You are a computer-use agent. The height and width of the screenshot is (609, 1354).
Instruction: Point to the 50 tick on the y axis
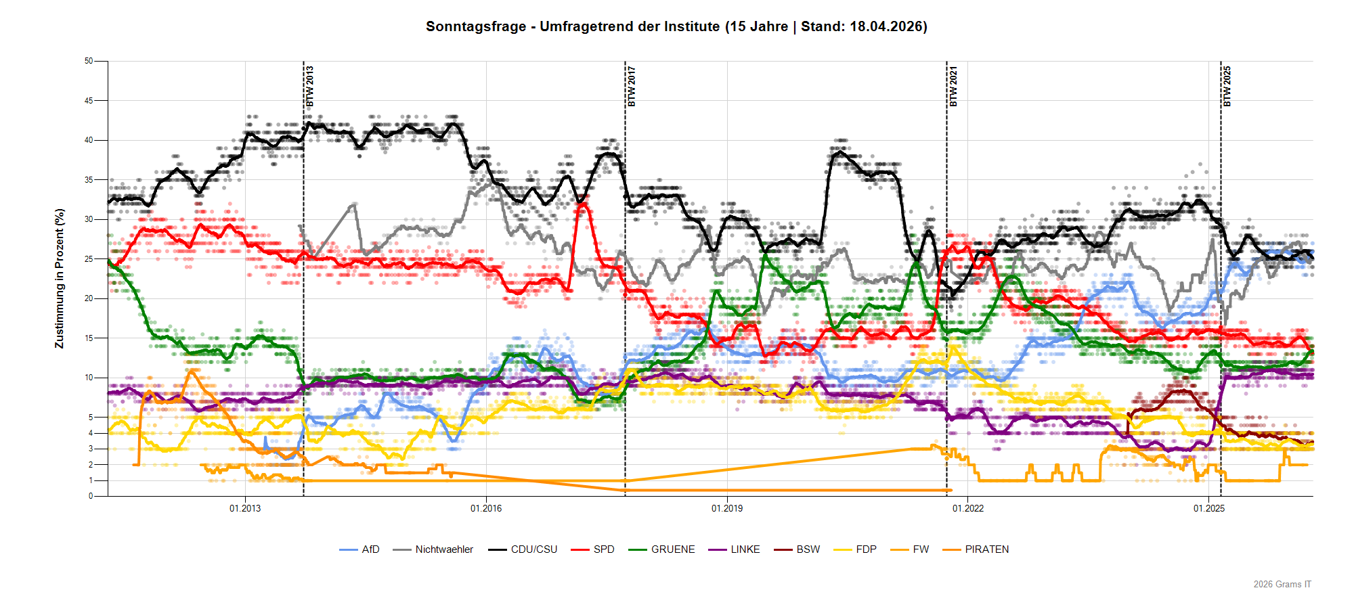[89, 61]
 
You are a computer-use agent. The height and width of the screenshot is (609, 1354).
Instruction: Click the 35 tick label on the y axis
[89, 180]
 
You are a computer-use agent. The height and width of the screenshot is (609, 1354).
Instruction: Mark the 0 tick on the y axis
[91, 496]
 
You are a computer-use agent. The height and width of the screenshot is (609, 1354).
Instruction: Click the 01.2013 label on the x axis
[245, 508]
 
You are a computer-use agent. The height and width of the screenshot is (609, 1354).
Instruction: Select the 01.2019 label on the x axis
[727, 508]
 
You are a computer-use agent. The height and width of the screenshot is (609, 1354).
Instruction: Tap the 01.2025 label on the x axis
[1209, 508]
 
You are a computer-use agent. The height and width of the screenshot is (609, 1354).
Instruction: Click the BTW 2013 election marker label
[310, 86]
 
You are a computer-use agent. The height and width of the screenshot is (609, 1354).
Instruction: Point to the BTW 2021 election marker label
[953, 86]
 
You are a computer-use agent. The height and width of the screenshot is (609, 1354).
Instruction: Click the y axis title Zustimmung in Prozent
[60, 279]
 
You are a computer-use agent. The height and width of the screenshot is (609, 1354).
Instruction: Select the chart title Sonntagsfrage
[676, 26]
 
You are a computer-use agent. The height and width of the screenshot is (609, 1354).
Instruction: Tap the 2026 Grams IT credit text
[1282, 584]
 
